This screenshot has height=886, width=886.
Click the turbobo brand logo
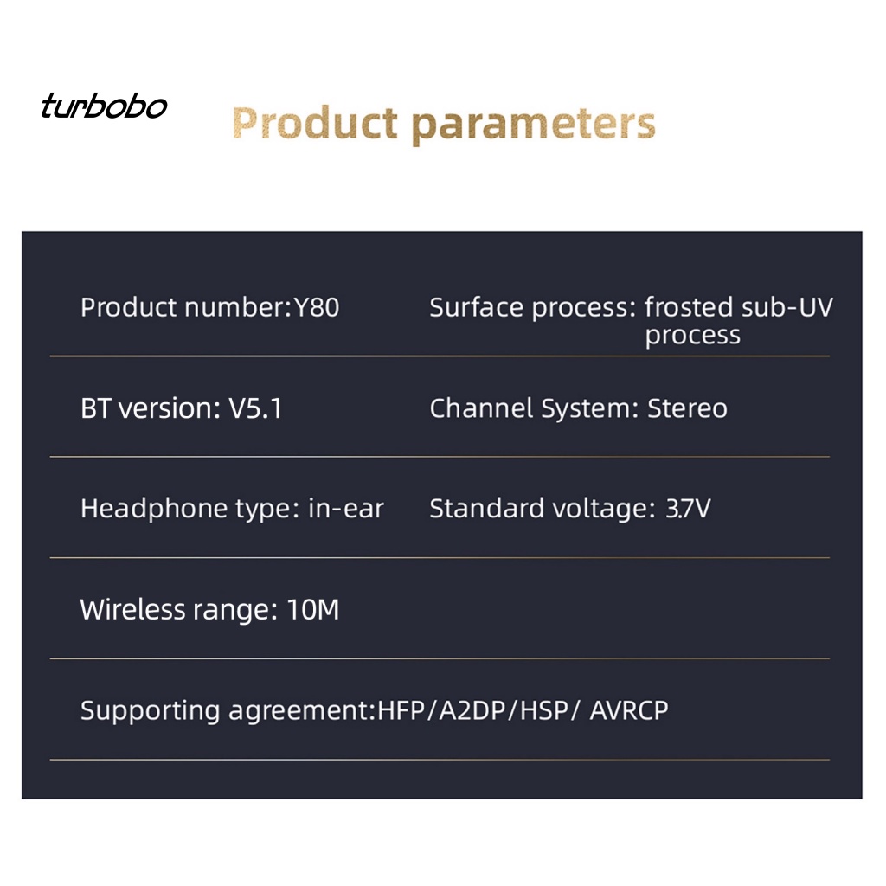104,106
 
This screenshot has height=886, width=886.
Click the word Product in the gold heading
315,123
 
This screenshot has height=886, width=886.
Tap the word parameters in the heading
533,125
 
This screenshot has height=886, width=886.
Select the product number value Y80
317,307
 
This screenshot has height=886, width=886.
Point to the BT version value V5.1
255,408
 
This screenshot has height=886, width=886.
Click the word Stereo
687,408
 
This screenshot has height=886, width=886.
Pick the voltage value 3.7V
688,509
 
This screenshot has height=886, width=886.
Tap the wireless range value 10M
313,610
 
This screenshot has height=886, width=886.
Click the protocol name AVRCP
629,710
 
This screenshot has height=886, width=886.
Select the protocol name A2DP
472,710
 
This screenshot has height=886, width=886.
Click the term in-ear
346,509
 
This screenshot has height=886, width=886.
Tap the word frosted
688,307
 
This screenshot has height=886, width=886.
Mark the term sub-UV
787,307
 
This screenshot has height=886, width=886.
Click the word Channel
481,408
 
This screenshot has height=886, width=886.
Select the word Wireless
132,610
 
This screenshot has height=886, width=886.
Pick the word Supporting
150,711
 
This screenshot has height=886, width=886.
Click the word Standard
486,509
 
